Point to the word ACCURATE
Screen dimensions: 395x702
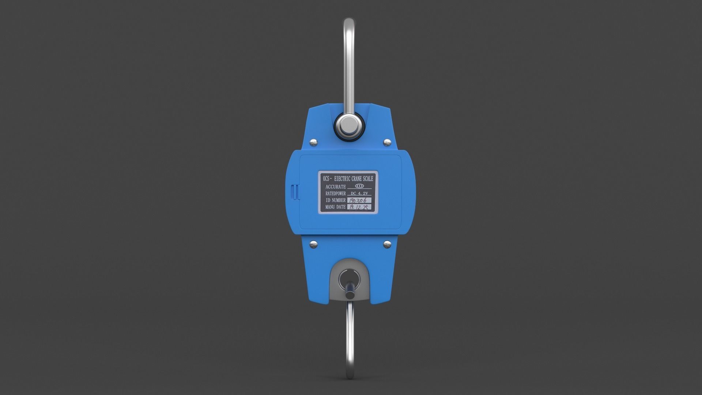(x=336, y=187)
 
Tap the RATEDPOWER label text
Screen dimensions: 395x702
(x=336, y=193)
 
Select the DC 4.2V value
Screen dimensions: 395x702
(x=359, y=193)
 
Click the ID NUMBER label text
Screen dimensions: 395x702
(x=336, y=200)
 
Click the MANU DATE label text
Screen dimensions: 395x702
(x=336, y=207)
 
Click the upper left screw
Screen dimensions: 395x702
(x=313, y=142)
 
